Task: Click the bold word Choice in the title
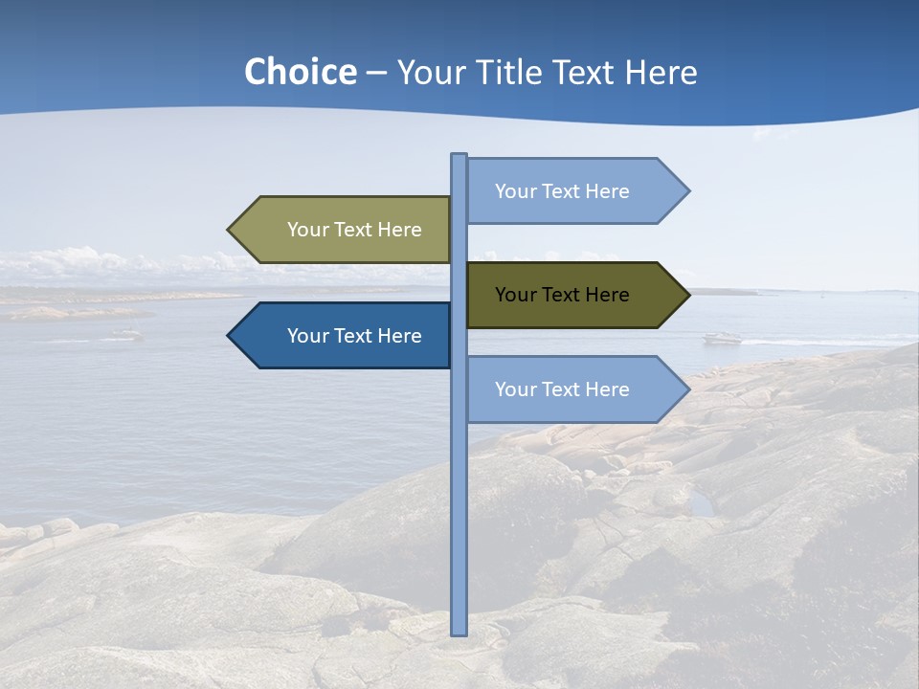300,73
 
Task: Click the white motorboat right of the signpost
723,338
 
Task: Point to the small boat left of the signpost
126,334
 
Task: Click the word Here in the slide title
661,73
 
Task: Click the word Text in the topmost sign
562,191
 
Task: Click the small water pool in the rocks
704,504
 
